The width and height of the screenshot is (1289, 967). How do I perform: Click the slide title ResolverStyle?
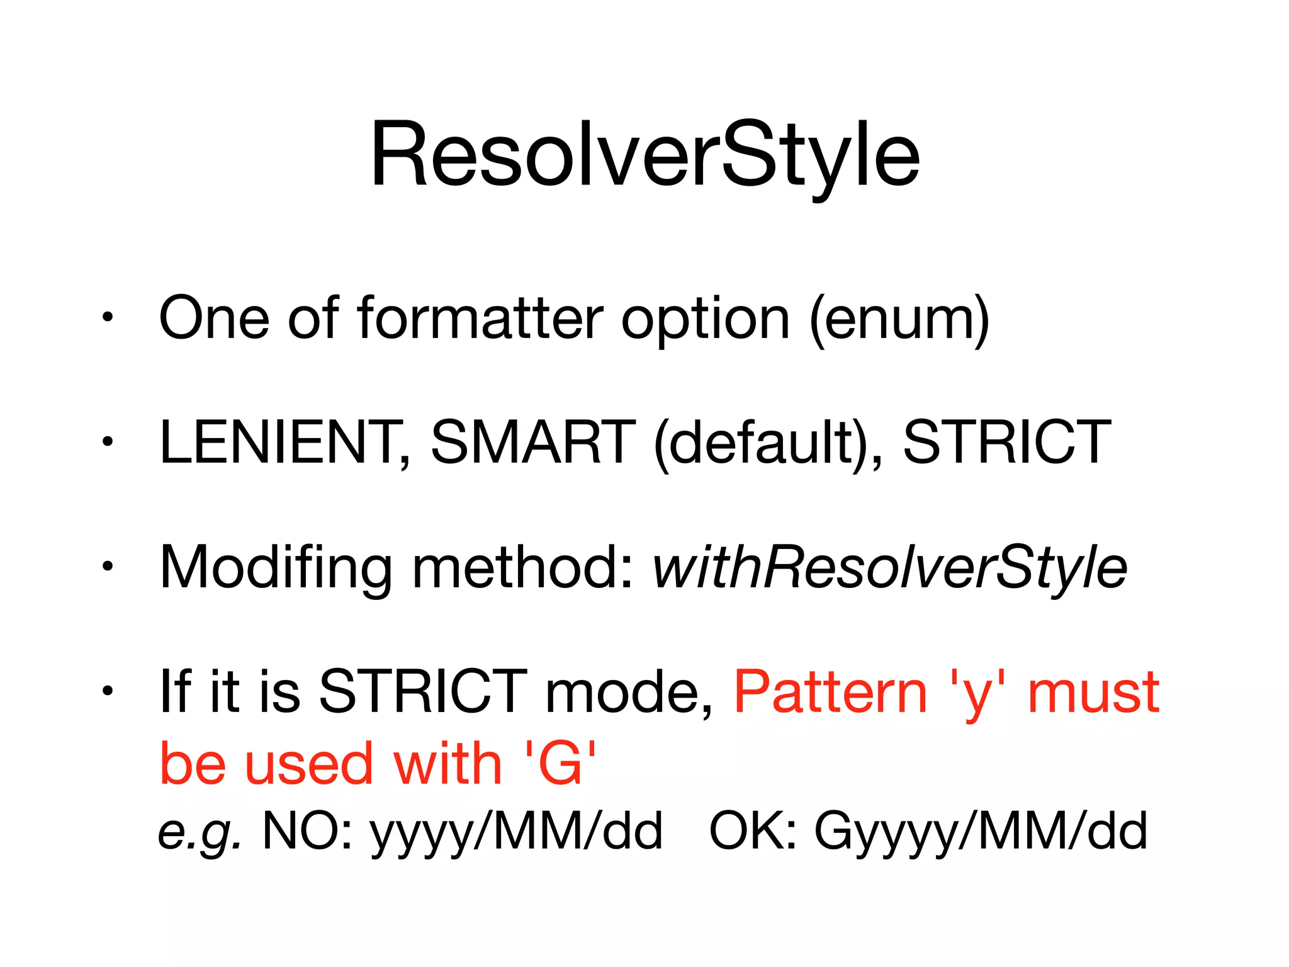(x=644, y=155)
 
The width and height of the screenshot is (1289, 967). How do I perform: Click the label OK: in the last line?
(x=753, y=831)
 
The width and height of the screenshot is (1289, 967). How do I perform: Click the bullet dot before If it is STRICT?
(x=108, y=691)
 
